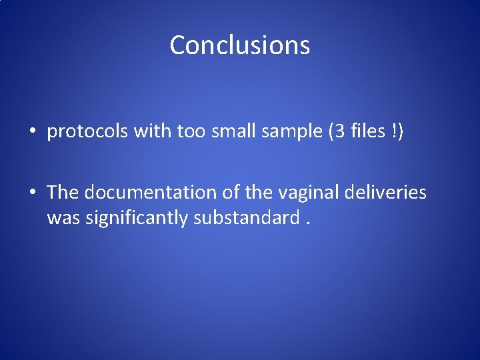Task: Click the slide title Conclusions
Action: (240, 45)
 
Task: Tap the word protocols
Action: (88, 133)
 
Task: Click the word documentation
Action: (144, 193)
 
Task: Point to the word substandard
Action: (244, 217)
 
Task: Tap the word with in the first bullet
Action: (153, 132)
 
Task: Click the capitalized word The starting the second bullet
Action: (63, 193)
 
